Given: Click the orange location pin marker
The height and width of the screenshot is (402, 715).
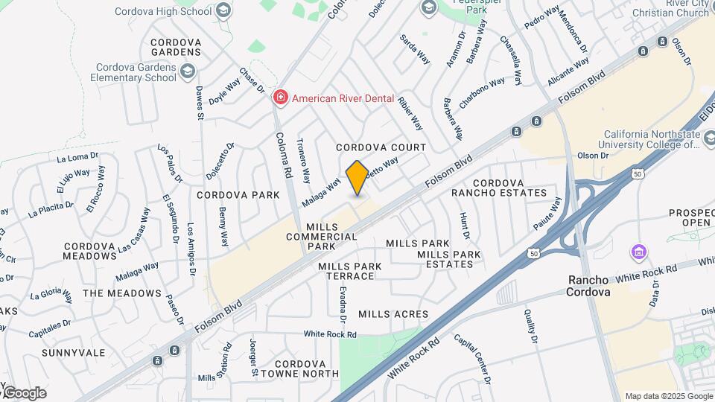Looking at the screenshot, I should [356, 178].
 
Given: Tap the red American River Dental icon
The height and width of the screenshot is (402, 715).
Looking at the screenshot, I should [280, 98].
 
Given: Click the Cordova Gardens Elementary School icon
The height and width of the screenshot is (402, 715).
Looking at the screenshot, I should [187, 71].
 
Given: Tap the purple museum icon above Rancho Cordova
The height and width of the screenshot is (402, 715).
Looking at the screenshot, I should [638, 252].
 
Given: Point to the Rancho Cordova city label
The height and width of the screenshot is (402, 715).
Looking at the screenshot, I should [589, 286].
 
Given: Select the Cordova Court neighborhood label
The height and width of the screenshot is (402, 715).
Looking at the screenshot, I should [381, 147].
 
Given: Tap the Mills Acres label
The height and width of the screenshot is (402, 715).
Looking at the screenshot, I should [393, 314].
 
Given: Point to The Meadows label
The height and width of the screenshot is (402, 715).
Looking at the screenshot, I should [121, 293].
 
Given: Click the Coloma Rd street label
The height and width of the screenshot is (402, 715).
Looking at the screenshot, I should [283, 155].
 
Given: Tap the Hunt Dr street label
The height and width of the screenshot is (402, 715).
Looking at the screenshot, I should [465, 225].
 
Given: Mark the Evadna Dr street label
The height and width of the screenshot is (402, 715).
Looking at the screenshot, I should [343, 304].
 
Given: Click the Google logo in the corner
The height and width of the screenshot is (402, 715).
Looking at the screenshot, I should [25, 392].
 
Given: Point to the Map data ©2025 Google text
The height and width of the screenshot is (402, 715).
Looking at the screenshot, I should [667, 396].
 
